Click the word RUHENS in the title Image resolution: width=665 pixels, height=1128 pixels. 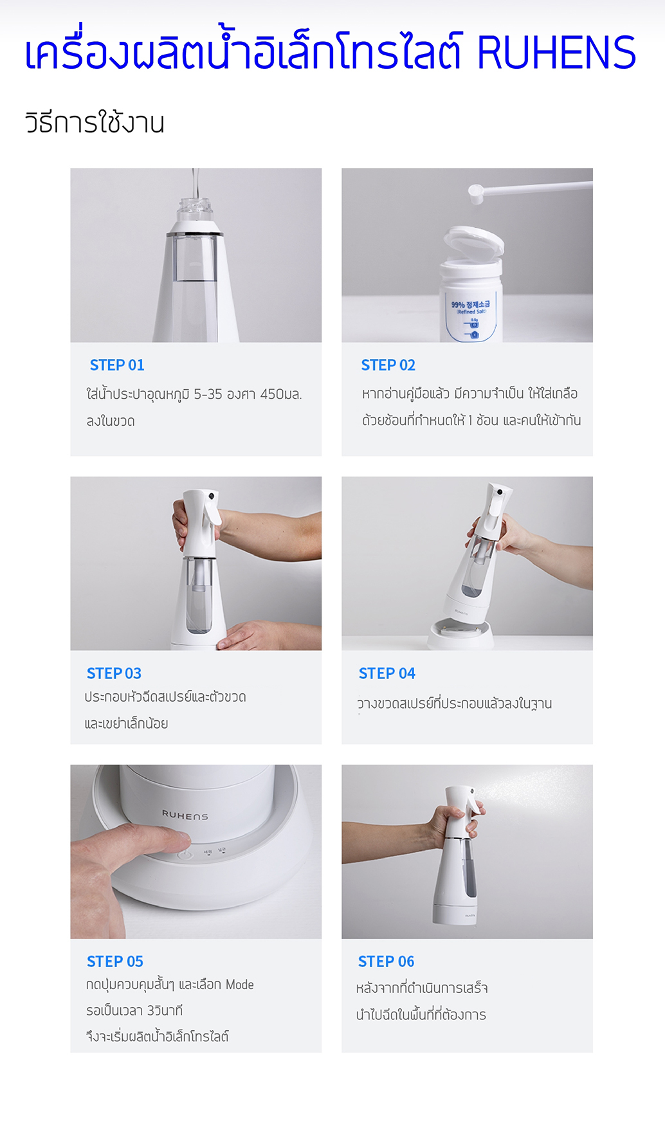pos(556,52)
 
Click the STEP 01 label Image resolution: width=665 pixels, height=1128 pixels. pos(117,365)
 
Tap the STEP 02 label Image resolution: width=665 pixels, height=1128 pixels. pos(388,365)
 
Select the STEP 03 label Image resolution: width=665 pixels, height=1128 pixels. pos(114,673)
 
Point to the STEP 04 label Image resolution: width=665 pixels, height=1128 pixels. pos(387,673)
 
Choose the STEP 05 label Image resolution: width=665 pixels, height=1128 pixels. pos(115,961)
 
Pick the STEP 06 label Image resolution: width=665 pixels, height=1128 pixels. pos(386,961)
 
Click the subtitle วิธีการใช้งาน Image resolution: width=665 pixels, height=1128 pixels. pos(95,122)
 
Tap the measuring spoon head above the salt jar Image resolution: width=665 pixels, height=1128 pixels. pos(476,194)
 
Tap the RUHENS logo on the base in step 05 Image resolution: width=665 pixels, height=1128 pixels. pos(185,815)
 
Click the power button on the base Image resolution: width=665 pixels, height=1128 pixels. pos(185,855)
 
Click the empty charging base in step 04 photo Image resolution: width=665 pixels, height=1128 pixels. pos(461,633)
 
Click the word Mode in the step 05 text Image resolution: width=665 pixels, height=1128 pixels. pos(239,985)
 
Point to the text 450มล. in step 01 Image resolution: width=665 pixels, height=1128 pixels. pos(280,394)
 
